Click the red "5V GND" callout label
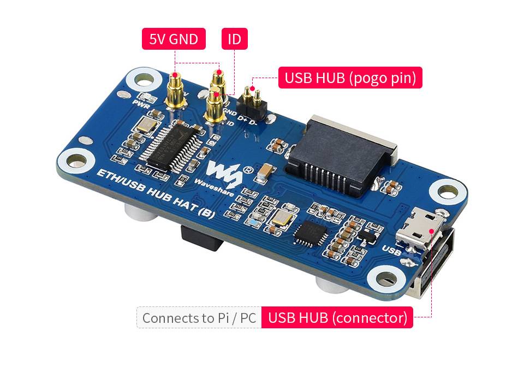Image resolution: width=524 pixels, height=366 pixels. point(174,39)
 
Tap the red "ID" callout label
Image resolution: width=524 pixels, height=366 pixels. point(234,39)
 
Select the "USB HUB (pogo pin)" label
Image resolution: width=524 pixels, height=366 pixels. point(350,78)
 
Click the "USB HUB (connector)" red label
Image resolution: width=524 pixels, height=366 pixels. point(337,317)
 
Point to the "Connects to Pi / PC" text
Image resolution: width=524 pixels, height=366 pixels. point(199,317)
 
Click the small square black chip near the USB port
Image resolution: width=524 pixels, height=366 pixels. point(311,234)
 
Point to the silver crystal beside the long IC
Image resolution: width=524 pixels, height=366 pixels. point(147,128)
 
